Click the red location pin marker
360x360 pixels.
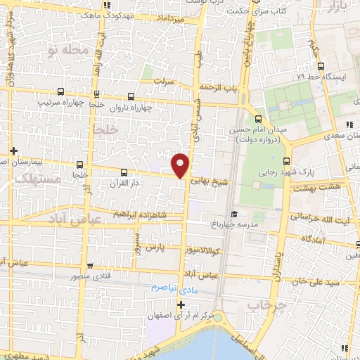(181, 165)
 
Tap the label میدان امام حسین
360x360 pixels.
(257, 130)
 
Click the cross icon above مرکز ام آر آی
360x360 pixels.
(181, 304)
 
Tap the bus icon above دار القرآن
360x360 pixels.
(124, 172)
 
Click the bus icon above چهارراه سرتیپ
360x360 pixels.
(60, 91)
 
